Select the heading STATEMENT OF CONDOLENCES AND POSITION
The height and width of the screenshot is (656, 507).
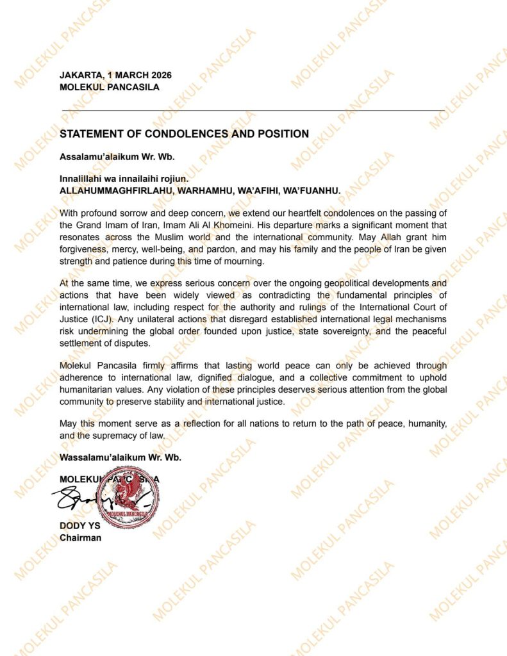[184, 134]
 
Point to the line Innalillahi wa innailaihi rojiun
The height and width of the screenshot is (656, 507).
[124, 179]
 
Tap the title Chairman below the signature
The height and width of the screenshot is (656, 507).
[80, 538]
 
